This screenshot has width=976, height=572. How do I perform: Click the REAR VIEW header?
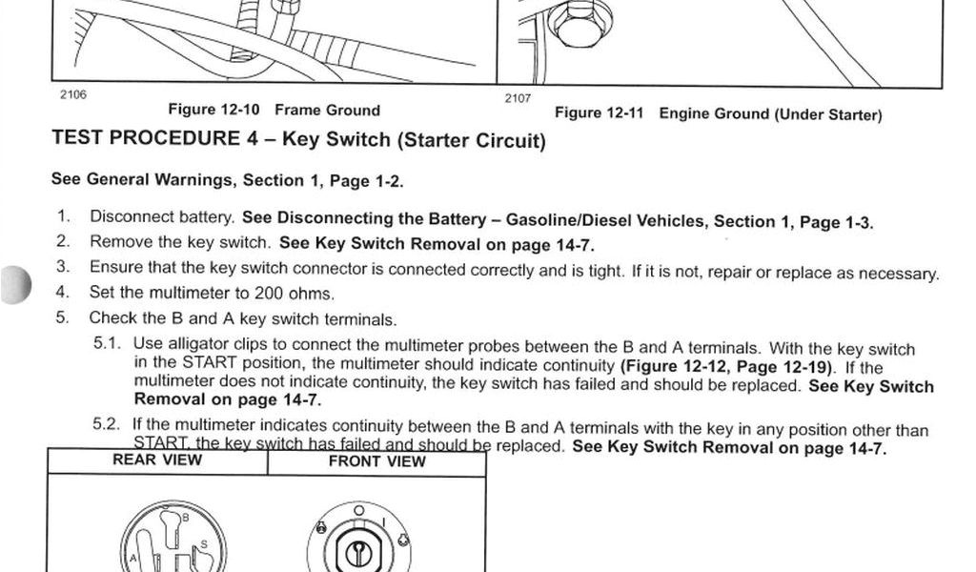point(157,460)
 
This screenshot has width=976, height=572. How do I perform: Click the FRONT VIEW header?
point(376,461)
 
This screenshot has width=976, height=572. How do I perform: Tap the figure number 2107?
point(518,98)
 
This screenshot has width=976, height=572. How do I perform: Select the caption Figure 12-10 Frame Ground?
point(274,111)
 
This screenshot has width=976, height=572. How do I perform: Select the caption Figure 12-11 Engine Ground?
point(718,114)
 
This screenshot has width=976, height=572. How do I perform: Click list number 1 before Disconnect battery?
point(63,216)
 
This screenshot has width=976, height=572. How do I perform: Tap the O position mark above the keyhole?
point(358,511)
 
